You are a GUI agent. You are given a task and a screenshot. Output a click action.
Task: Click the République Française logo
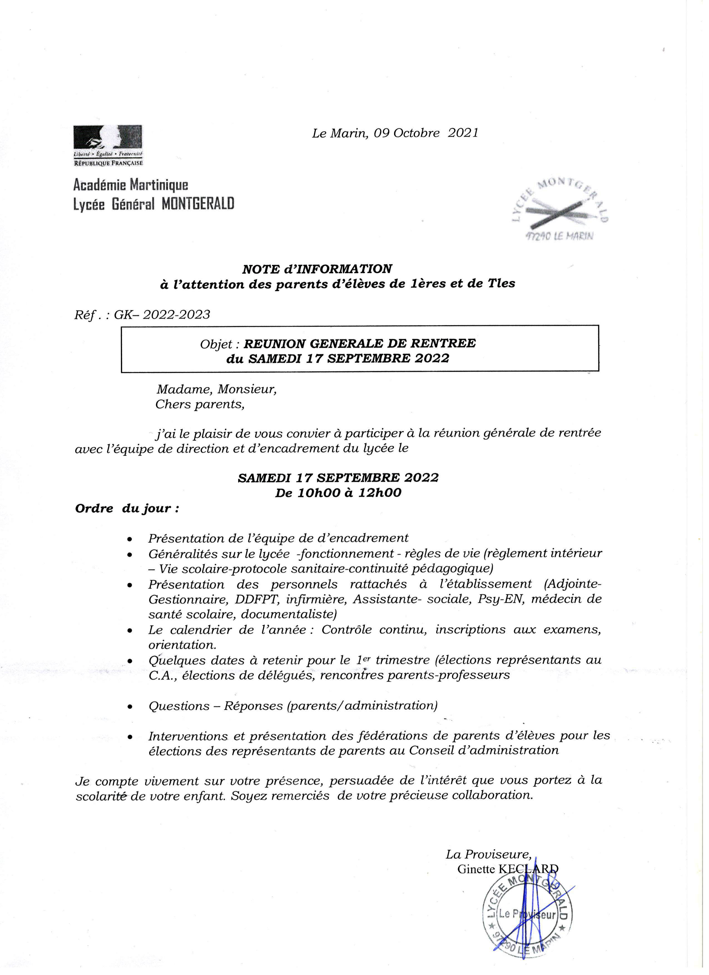click(x=108, y=145)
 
